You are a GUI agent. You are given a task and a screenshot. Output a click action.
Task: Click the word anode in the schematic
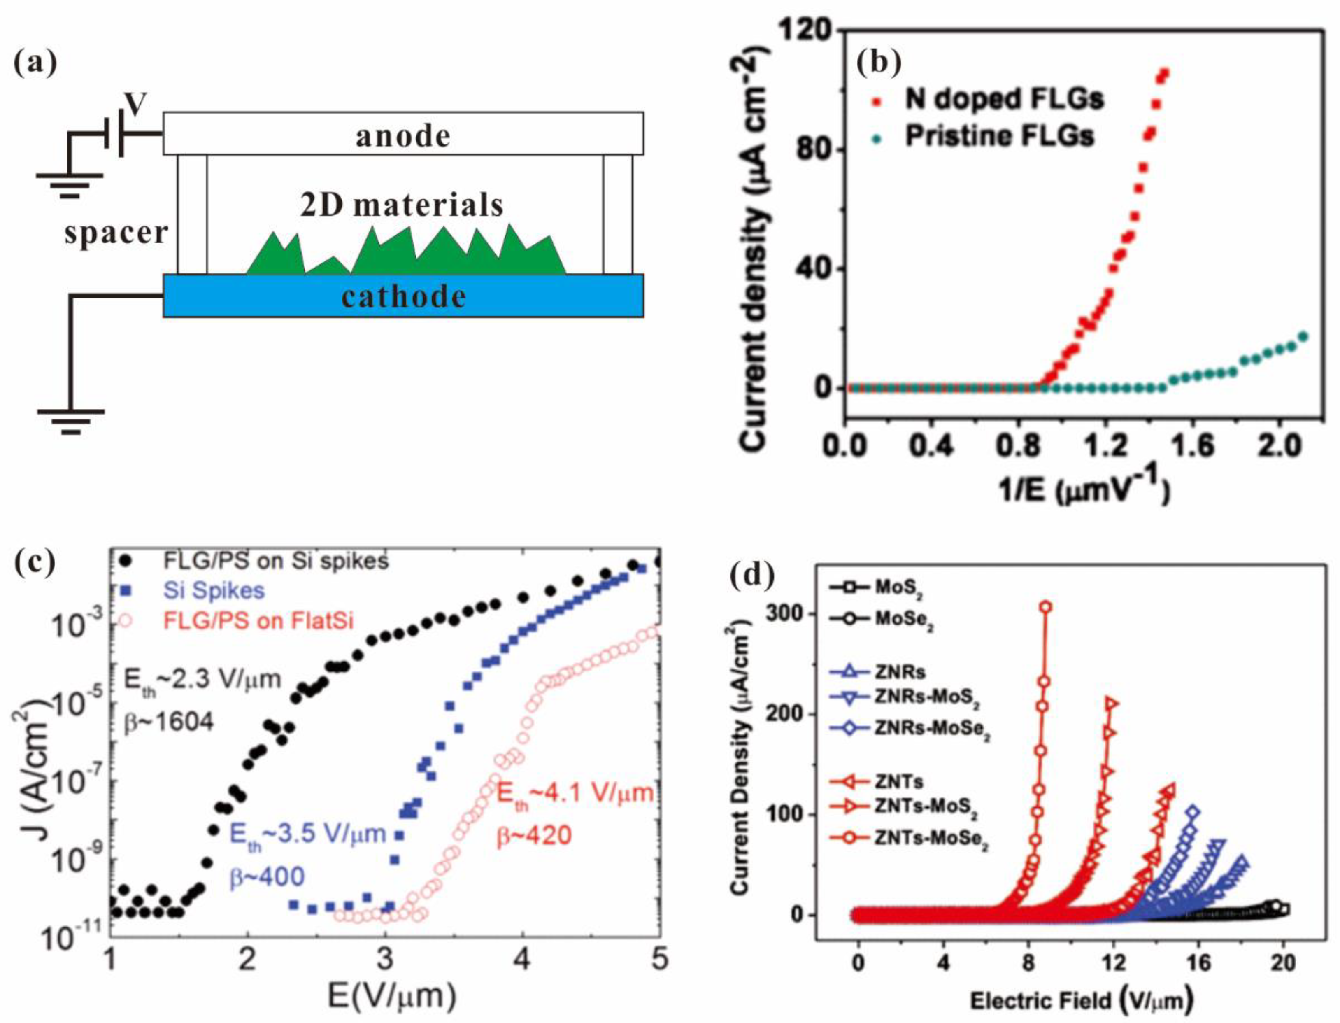403,135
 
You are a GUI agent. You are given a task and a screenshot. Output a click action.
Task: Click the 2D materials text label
402,206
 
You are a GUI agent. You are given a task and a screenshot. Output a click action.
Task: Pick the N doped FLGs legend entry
1003,99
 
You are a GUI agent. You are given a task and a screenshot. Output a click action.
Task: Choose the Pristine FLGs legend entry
998,136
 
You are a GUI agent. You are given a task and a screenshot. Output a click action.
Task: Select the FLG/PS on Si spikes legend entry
276,560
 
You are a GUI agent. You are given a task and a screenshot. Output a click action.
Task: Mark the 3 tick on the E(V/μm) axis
384,962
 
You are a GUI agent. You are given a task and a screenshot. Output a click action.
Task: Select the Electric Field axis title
1081,1000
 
